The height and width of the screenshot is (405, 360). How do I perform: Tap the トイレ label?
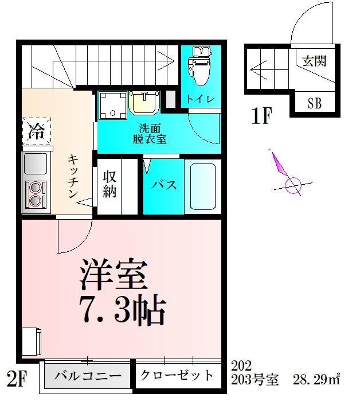point(200,99)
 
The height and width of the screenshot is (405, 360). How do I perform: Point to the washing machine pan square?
point(111,104)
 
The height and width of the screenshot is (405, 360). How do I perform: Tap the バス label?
point(163,185)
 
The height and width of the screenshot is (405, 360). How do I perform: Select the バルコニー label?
point(88,377)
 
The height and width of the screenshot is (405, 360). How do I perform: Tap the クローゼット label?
point(177,376)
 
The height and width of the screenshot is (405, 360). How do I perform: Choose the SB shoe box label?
point(314,104)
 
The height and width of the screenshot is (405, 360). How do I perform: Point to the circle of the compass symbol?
point(293,185)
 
